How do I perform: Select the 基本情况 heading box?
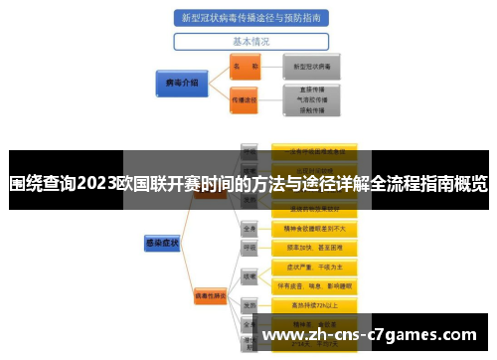click(250, 43)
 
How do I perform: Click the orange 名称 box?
click(244, 66)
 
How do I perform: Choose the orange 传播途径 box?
click(244, 99)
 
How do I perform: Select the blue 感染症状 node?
click(159, 240)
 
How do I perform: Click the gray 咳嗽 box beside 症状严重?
click(250, 275)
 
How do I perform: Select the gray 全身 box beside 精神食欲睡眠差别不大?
click(250, 227)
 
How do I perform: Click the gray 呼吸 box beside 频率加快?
click(250, 246)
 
